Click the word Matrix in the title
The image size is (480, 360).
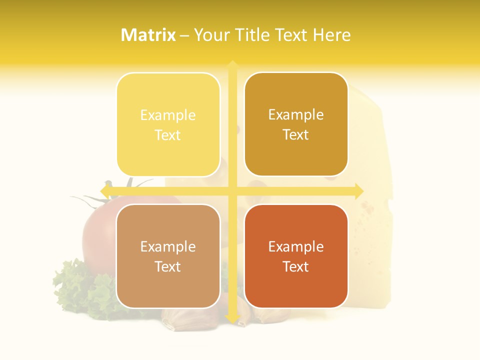pyautogui.click(x=148, y=35)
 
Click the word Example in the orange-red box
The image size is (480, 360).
pyautogui.click(x=296, y=246)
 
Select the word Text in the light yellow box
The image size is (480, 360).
pyautogui.click(x=168, y=135)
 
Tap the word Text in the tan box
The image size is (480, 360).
pyautogui.click(x=168, y=266)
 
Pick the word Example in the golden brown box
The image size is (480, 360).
pyautogui.click(x=296, y=115)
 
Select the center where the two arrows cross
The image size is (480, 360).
pyautogui.click(x=232, y=191)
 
